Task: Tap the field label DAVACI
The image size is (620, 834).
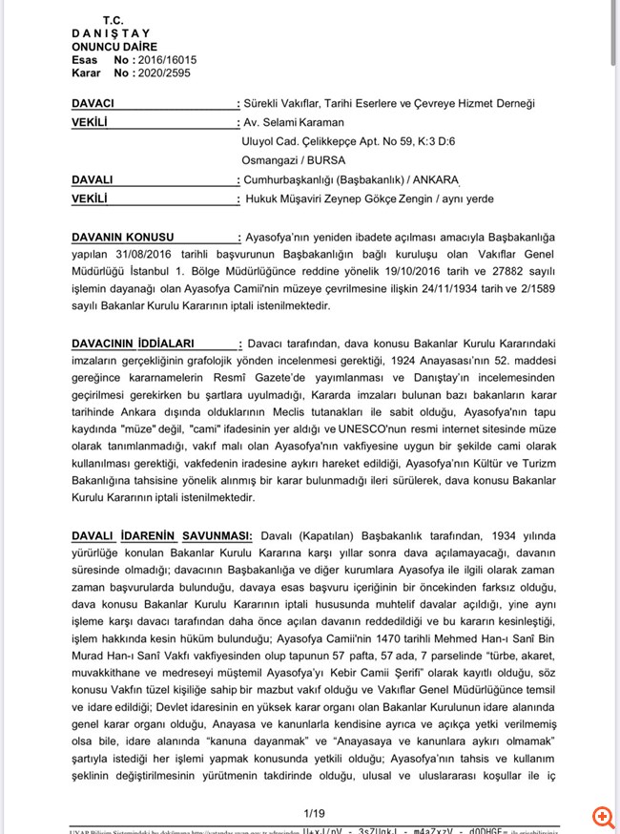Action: tap(93, 103)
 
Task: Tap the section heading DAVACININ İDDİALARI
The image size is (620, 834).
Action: tap(133, 342)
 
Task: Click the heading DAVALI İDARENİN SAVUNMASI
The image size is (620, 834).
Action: tap(161, 536)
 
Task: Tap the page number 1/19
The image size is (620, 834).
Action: tap(315, 813)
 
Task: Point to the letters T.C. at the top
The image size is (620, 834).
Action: tap(113, 20)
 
